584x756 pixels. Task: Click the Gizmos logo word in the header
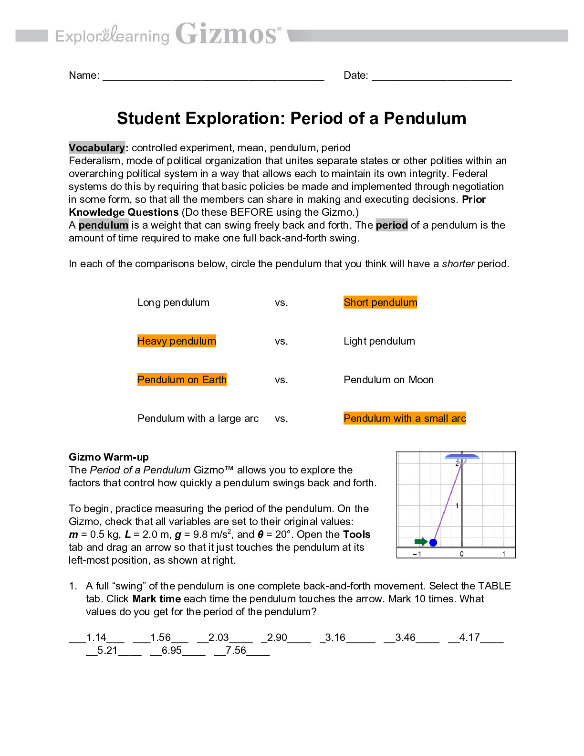pos(227,34)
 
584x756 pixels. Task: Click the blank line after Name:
pos(213,76)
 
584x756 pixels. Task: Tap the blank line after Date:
pos(441,76)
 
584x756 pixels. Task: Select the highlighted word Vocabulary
pos(96,148)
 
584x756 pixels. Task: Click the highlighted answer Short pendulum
pos(380,303)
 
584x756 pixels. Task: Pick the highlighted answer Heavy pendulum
pos(177,341)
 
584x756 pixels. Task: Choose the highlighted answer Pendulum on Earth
pos(182,380)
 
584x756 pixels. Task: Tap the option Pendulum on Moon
pos(388,380)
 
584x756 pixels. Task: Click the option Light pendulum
pos(379,341)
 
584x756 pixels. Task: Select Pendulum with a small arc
pos(405,419)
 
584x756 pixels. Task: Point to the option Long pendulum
pos(173,303)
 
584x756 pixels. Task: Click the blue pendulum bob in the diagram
pos(433,543)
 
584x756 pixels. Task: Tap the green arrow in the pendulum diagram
pos(421,542)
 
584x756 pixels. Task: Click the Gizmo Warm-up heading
pos(109,457)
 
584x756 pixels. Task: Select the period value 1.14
pos(96,638)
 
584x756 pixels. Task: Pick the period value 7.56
pos(236,651)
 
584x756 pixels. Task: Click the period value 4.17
pos(469,638)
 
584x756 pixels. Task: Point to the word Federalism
pos(94,161)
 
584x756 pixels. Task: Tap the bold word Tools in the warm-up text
pos(356,535)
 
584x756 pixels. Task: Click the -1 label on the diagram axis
pos(417,554)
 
